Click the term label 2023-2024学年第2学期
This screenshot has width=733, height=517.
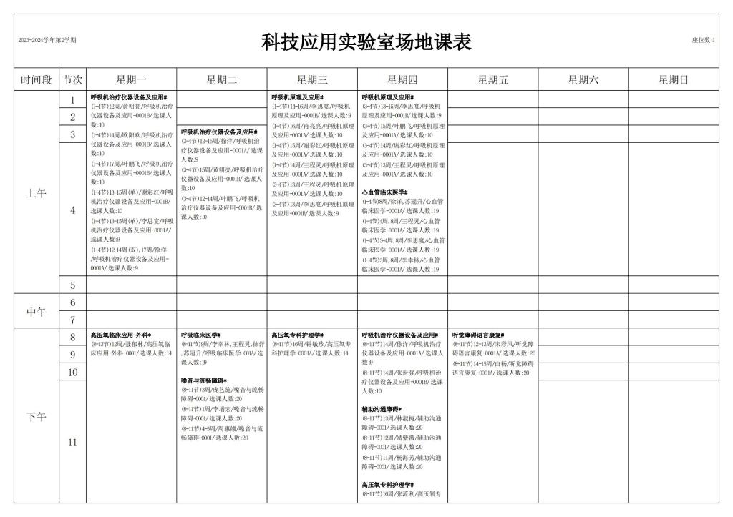(47, 40)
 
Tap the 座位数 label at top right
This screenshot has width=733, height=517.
(703, 40)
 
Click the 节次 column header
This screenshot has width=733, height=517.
(72, 80)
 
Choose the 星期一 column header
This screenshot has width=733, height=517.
(131, 80)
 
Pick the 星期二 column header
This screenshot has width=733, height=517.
(221, 80)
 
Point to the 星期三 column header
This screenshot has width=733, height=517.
(312, 80)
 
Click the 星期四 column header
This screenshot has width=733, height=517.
(402, 80)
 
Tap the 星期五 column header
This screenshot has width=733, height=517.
(492, 80)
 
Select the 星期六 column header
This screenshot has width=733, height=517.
(583, 80)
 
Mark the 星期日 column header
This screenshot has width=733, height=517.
(674, 80)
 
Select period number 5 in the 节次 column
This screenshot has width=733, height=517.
(72, 285)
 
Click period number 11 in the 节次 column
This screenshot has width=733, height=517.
(72, 443)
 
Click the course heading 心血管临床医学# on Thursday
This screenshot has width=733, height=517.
(384, 192)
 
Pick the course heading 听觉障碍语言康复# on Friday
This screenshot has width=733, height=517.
(478, 335)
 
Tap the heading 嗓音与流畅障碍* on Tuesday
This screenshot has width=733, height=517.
(204, 380)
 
